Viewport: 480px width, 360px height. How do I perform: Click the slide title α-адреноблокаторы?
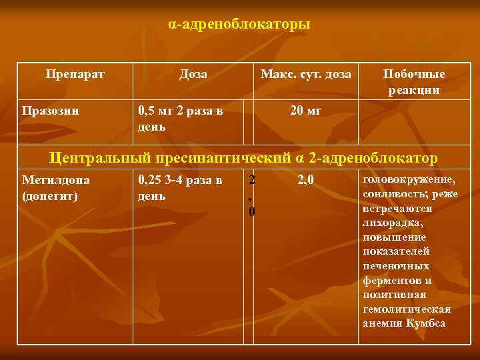coord(239,25)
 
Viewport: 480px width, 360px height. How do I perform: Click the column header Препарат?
coord(75,74)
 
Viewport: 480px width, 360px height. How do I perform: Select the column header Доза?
coord(193,74)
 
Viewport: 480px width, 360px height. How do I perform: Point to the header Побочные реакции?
coord(414,81)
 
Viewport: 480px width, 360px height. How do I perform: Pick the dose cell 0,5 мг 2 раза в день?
coord(180,117)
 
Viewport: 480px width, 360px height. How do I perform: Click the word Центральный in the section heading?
coord(99,158)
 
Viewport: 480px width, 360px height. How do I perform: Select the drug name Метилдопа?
coord(56,179)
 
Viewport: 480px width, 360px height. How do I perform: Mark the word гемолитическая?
coord(406,309)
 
